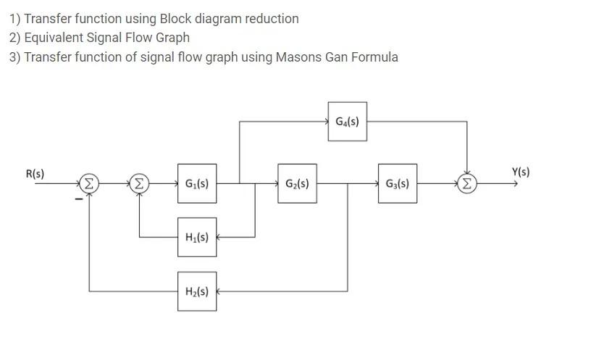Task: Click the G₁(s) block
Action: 196,184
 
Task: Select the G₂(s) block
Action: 297,184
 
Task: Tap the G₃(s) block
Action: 397,184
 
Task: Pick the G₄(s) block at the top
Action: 347,122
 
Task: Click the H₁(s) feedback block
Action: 196,237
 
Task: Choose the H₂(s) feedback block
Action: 196,291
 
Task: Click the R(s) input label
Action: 35,174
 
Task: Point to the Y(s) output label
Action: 520,172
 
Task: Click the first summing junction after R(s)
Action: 88,184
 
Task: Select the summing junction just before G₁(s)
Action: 138,184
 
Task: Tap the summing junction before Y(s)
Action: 467,184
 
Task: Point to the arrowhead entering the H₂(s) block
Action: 219,291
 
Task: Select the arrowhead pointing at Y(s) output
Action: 515,184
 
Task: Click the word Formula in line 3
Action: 374,57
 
